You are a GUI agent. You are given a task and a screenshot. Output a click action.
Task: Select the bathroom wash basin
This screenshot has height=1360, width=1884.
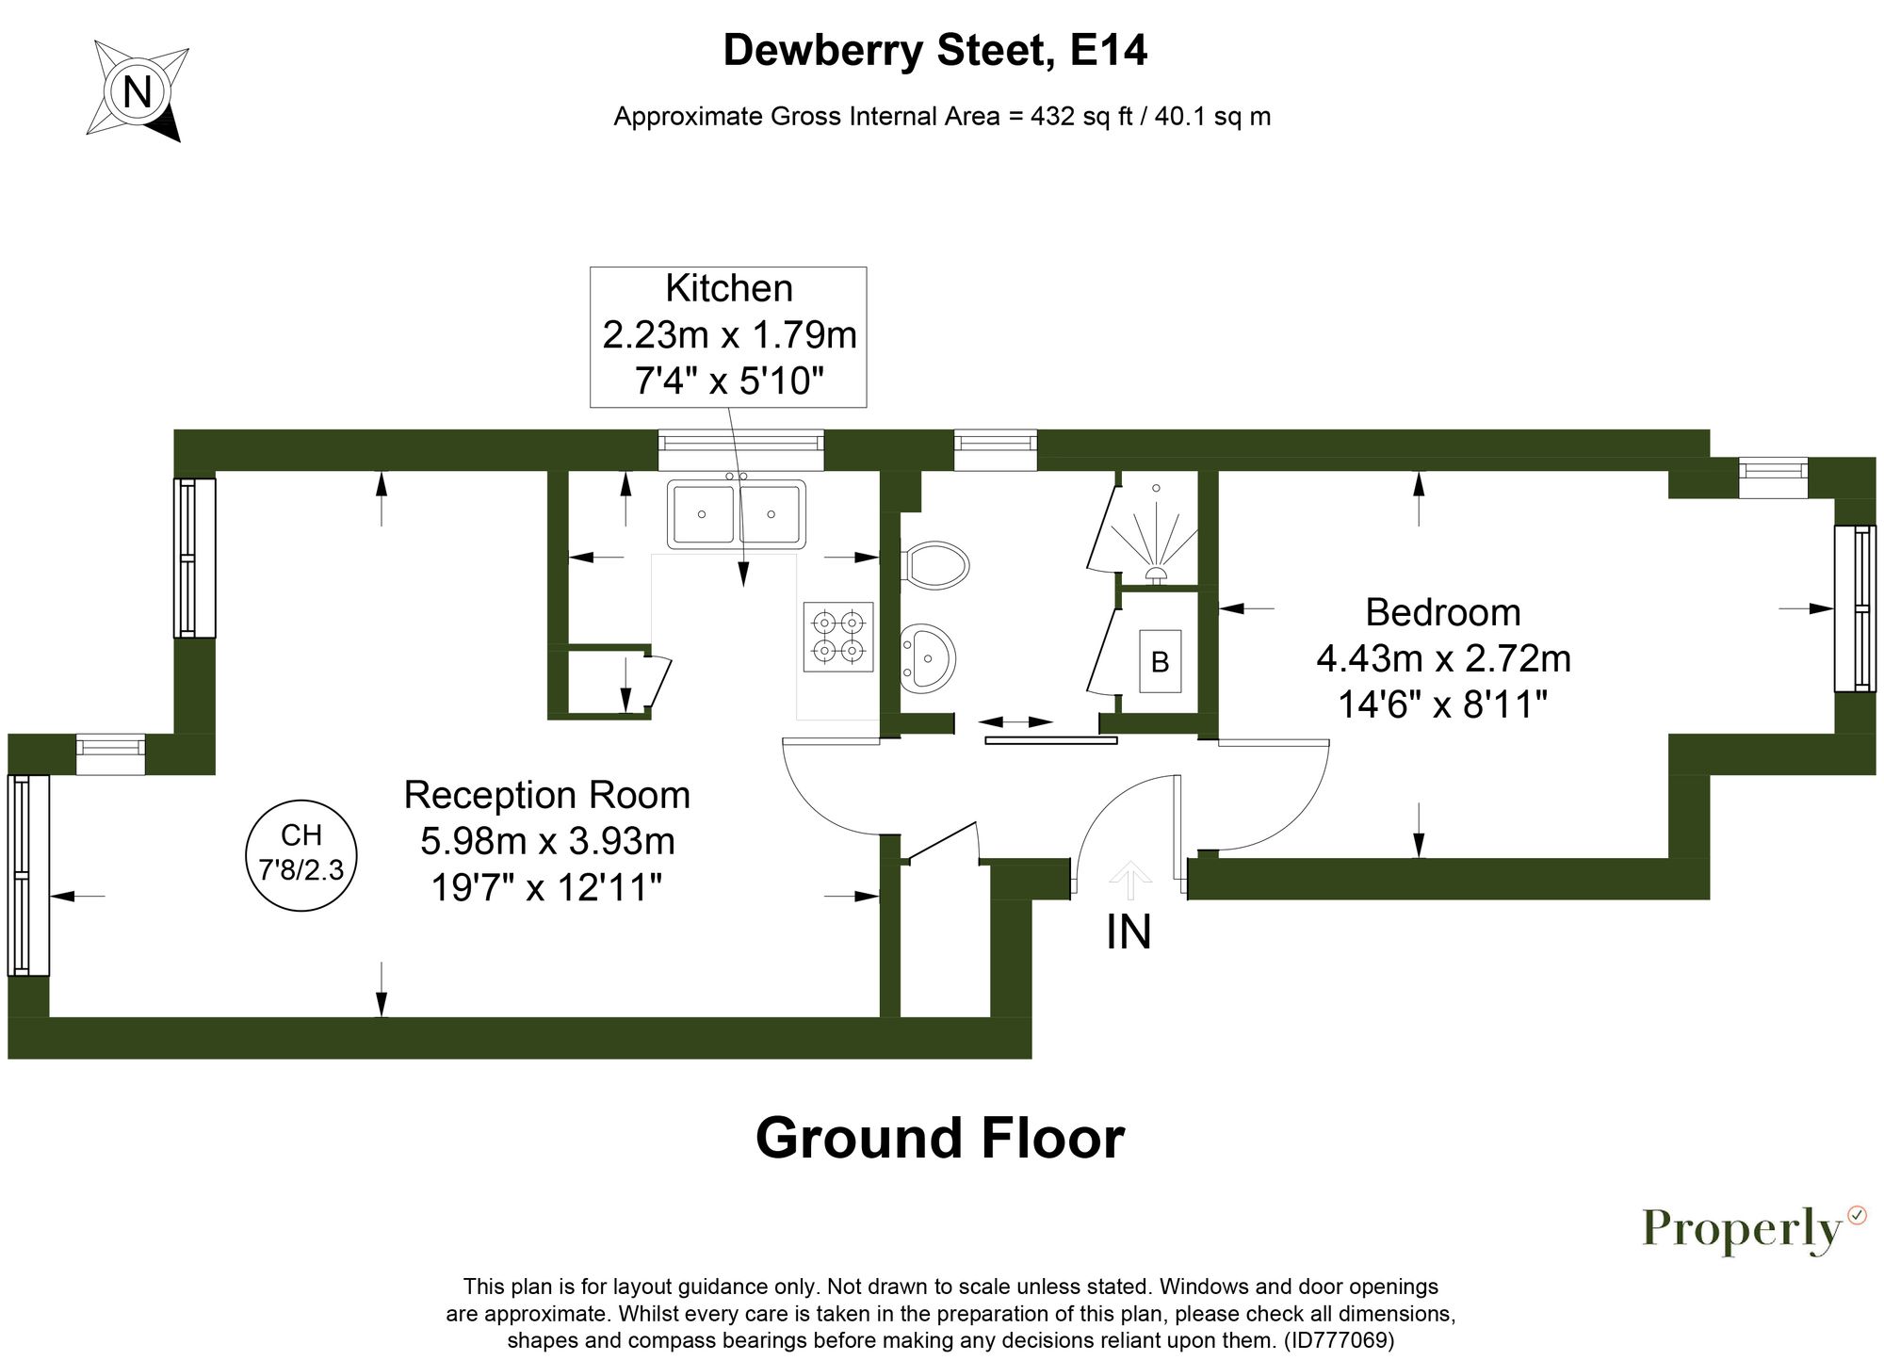[928, 656]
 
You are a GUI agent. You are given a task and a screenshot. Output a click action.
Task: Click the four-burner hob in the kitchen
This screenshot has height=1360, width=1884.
[838, 637]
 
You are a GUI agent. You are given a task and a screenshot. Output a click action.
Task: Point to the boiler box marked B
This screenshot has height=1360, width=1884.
[1160, 662]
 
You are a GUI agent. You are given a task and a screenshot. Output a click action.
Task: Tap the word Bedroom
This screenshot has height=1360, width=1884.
[1442, 613]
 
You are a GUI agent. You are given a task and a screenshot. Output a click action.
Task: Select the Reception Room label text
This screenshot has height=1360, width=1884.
[546, 796]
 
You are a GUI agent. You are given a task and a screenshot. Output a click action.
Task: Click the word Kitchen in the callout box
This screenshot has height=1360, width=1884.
[728, 288]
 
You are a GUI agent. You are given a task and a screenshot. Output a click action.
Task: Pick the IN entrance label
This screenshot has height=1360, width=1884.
[1129, 932]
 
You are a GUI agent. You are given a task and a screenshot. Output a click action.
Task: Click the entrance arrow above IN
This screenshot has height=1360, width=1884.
[1129, 880]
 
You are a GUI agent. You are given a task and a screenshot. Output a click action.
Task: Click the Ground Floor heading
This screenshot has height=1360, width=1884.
[939, 1138]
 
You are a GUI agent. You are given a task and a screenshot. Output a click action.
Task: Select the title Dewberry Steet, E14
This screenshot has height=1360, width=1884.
[934, 51]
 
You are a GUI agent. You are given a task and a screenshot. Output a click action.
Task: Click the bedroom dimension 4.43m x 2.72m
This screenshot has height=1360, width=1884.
[1442, 658]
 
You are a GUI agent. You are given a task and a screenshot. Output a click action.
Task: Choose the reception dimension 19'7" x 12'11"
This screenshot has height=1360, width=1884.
[546, 887]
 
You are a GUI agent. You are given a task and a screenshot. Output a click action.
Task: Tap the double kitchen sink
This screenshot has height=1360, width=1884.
[737, 514]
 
